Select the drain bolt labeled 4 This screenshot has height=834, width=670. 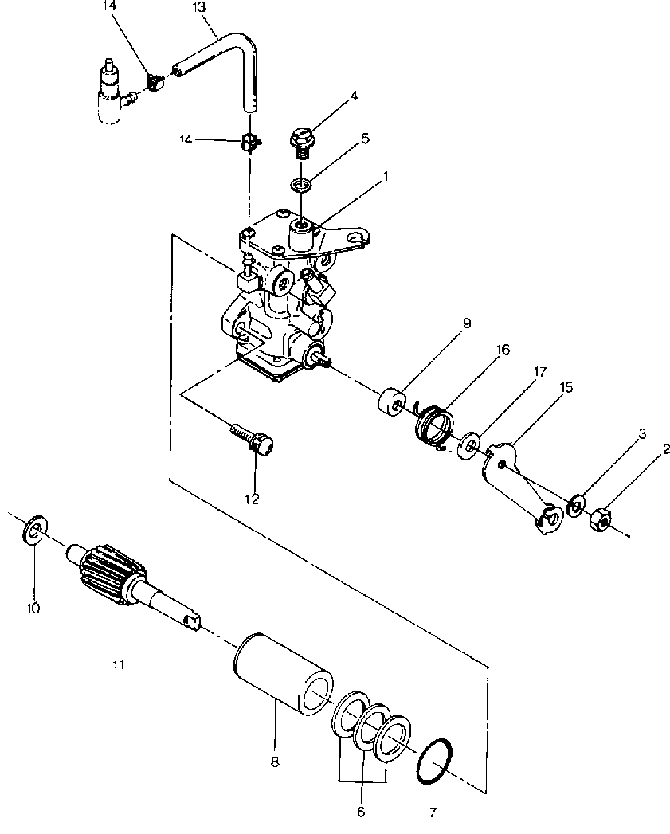coord(302,140)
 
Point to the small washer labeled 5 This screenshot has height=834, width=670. coord(300,185)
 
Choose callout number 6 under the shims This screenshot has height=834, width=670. coord(361,812)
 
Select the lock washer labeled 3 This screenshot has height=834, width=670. coord(576,505)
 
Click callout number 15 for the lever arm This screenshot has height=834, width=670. coord(566,387)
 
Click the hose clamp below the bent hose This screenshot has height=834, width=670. coord(249,142)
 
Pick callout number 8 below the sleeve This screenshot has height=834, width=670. coord(275,762)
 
